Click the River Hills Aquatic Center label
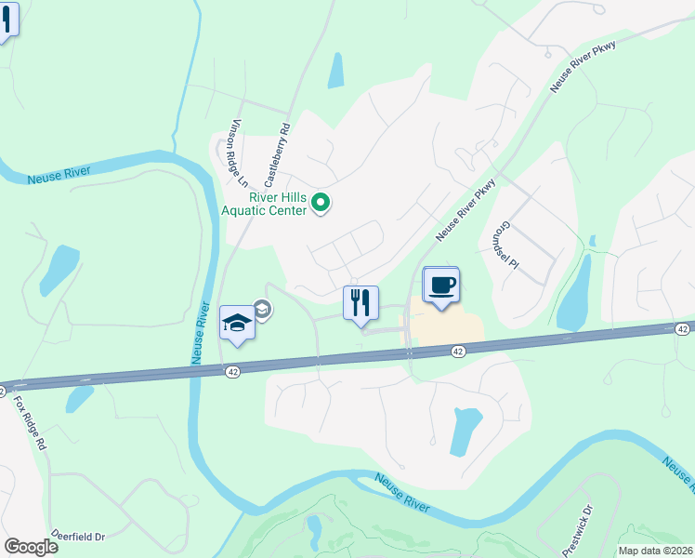point(276,203)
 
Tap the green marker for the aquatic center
point(321,202)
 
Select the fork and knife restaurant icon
point(361,303)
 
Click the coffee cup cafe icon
point(441,285)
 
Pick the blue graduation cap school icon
point(236,324)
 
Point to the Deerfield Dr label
point(79,537)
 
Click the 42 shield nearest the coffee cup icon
point(458,351)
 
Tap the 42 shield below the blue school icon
point(231,370)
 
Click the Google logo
point(31,547)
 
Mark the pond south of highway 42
point(465,432)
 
